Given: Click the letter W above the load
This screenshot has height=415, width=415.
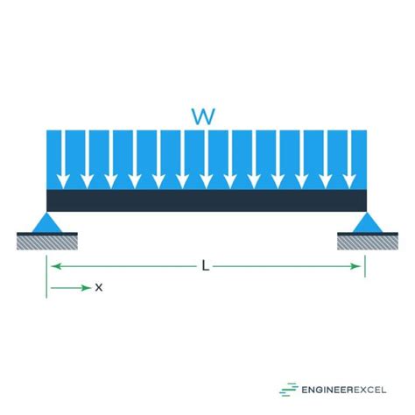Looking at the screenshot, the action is (203, 116).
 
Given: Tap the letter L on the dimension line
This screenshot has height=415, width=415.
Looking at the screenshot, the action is (206, 266).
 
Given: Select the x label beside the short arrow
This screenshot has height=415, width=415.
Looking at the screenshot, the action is (99, 288).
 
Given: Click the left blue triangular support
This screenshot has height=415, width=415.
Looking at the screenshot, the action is (46, 223).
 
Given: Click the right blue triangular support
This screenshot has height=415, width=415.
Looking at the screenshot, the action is (368, 223).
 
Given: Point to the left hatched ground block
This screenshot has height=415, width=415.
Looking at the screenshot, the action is (47, 241).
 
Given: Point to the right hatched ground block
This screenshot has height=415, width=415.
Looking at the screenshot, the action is (368, 241).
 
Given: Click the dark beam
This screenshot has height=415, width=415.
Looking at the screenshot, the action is (207, 200).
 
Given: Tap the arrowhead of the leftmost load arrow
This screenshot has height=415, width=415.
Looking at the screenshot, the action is (63, 182).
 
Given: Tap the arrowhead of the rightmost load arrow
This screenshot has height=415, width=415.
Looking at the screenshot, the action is (349, 182).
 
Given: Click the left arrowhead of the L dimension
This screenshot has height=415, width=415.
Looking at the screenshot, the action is (56, 266).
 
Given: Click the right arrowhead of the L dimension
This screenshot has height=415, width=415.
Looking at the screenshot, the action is (355, 266).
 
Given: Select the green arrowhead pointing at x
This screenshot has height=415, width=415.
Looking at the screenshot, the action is (87, 288).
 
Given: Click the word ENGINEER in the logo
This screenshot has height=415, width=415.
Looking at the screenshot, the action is (323, 390).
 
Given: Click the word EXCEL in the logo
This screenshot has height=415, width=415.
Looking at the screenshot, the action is (366, 390).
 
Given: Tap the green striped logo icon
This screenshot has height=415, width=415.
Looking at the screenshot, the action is (289, 390).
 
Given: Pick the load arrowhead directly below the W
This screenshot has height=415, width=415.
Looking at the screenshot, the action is (207, 182).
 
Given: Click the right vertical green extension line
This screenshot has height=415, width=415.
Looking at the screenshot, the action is (365, 266).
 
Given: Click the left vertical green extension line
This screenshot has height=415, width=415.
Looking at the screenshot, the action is (46, 277).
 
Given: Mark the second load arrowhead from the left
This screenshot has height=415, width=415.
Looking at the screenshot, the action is (87, 182).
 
